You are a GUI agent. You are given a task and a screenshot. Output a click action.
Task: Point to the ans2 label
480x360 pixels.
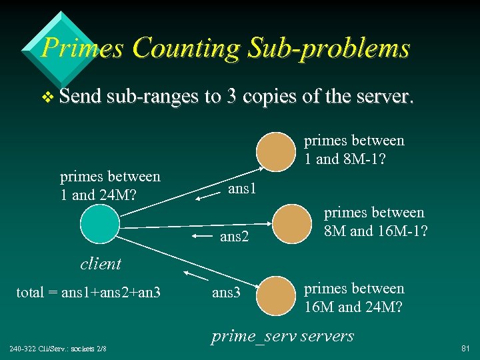[x=234, y=236]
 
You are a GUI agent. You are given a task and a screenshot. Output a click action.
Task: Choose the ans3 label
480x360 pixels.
[x=225, y=292]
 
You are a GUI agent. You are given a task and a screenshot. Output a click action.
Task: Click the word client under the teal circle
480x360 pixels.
[x=101, y=263]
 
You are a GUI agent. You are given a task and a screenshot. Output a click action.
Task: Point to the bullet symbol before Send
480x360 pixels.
[x=47, y=97]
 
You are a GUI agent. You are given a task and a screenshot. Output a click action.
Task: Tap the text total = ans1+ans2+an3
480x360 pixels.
[x=88, y=291]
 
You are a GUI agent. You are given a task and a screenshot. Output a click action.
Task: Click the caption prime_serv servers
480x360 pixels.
[x=283, y=335]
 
